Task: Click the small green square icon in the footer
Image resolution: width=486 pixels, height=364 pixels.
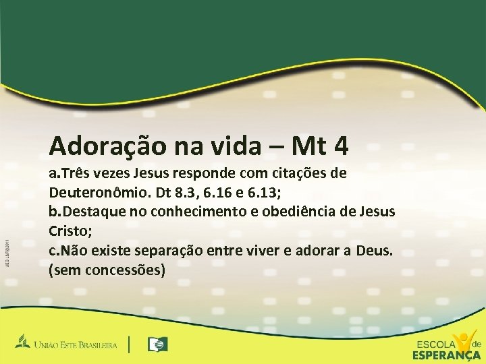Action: click(159, 344)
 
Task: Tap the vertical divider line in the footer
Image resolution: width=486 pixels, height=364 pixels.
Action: click(129, 344)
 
